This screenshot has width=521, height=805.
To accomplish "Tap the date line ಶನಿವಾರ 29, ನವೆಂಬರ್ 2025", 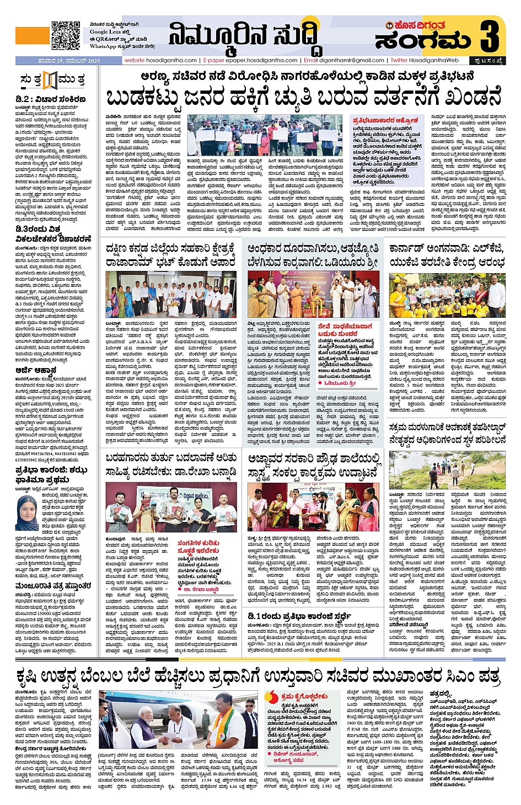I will tap(57, 61).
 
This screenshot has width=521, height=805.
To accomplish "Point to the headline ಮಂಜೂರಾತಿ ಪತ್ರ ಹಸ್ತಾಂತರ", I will tap(53, 585).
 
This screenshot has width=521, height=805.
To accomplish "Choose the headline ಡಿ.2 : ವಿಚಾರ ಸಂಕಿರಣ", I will tap(51, 99).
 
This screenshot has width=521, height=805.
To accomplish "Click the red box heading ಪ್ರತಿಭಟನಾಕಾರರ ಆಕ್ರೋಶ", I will tap(385, 120).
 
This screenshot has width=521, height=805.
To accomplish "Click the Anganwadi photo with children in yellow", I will tap(447, 296).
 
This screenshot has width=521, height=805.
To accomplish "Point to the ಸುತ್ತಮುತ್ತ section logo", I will tap(52, 81).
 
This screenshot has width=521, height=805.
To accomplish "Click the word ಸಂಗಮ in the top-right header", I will tap(423, 40).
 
